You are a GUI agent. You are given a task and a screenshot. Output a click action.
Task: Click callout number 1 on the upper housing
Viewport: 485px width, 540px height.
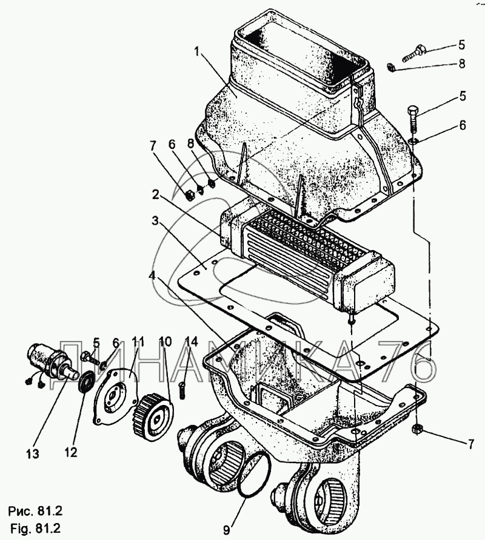[197, 52]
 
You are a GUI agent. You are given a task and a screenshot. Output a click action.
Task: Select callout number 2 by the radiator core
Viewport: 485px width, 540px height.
[156, 196]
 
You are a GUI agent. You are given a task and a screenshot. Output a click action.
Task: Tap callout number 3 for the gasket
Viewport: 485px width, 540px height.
[155, 221]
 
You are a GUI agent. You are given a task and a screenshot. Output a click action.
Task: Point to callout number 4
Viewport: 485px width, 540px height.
[152, 276]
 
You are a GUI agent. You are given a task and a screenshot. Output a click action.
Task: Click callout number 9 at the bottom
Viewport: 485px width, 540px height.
[226, 530]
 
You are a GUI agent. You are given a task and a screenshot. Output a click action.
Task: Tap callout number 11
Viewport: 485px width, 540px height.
[138, 342]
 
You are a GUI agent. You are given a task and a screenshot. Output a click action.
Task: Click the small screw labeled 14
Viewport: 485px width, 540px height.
[183, 390]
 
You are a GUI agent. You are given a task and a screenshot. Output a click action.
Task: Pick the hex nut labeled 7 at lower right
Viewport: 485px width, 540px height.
[417, 429]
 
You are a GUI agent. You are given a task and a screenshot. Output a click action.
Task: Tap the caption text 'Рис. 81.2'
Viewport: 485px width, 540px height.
[36, 512]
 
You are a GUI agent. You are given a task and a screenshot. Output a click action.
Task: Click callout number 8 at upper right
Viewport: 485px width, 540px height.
[462, 64]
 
